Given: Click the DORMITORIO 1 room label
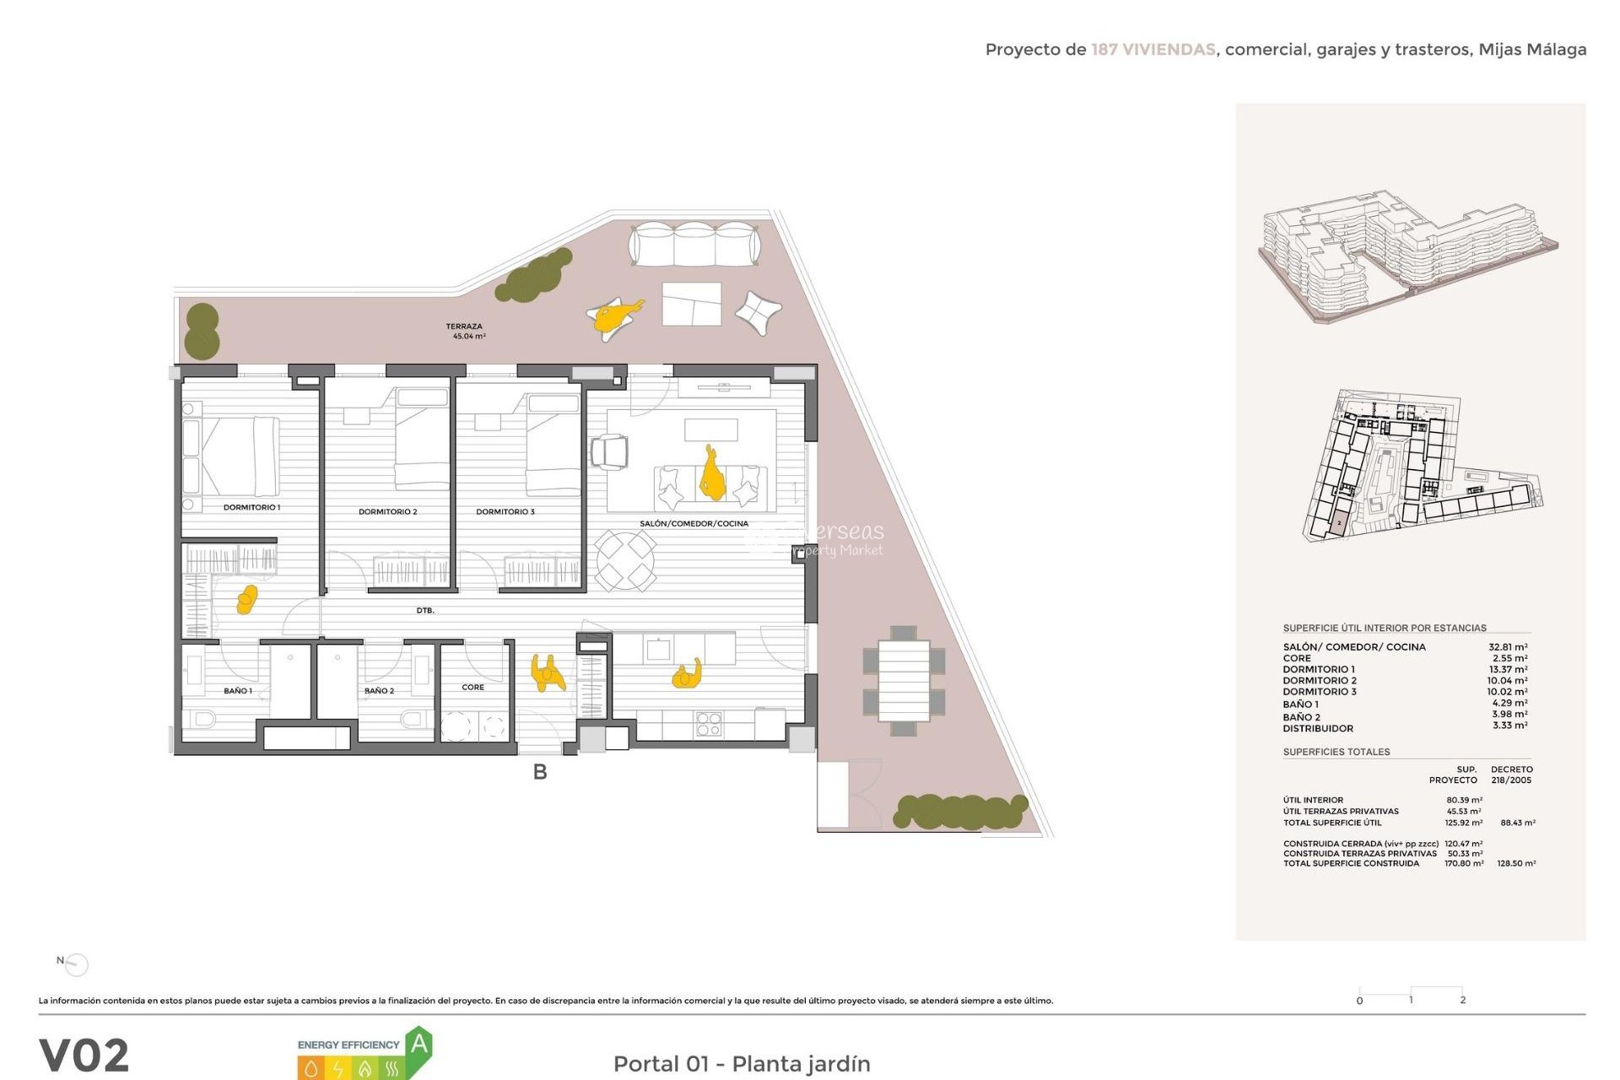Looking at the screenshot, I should coord(251,507).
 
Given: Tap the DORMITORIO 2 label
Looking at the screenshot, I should coord(387,511).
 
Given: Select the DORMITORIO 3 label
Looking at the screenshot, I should coord(505,511).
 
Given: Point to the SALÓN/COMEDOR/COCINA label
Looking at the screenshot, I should coord(694,523).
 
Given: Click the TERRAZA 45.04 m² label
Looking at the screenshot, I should coord(466,331).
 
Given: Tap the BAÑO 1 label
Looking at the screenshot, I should coord(238,690).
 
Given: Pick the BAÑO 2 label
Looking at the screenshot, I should coord(379,690).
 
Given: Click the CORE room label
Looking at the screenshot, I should coord(472,687).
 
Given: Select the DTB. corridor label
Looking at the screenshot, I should coord(425,610).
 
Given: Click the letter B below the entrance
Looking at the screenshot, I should coord(540,771).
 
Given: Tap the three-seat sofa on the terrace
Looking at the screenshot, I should coord(694,244).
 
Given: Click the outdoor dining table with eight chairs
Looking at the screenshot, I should coord(904,680).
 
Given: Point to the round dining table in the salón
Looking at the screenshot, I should coord(625,560).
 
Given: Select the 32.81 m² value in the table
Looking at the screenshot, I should coord(1507,647).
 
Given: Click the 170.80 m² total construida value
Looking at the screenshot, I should coord(1464,863).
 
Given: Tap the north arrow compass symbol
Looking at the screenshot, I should coord(76,964).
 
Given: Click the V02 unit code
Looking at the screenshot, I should coord(84,1055).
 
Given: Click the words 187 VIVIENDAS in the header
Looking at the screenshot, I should coord(1153,50).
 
